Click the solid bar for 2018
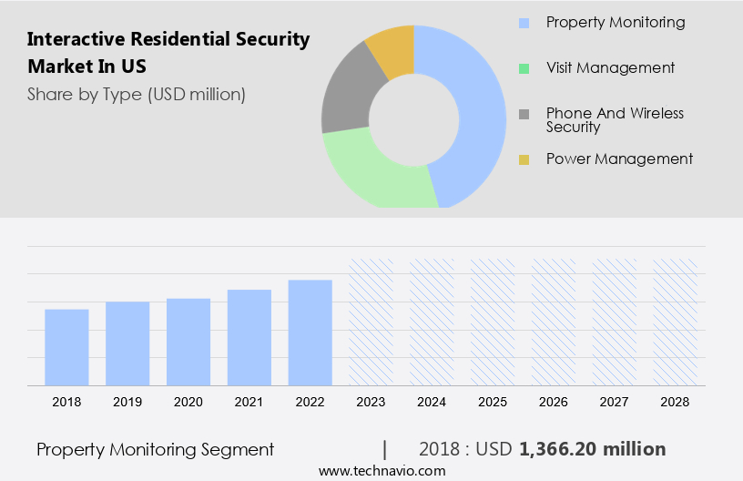pos(66,347)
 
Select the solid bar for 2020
pos(188,342)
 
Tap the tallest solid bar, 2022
pos(310,333)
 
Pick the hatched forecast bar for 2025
pos(493,322)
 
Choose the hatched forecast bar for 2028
pos(676,322)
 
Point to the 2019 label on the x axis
pos(127,402)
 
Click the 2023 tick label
pos(371,402)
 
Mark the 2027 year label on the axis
pos(615,402)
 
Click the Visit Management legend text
pos(610,67)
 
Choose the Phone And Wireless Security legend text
pos(615,120)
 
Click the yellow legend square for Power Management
pos(524,160)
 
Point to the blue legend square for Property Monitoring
pos(524,23)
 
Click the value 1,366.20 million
pos(592,449)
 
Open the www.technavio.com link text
pos(382,471)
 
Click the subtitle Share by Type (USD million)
pos(137,94)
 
